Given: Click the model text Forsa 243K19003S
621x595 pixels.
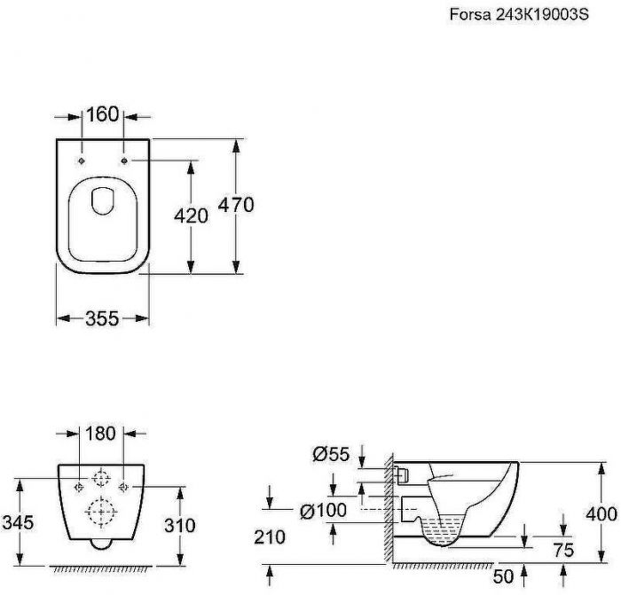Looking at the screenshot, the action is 519,15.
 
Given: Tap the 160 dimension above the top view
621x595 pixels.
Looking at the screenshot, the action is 102,114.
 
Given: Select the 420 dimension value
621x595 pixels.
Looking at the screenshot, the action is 191,216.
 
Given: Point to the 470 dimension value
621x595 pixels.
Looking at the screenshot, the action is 236,205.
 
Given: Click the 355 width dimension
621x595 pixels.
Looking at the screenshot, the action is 102,318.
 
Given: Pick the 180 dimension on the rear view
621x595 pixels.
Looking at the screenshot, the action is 100,434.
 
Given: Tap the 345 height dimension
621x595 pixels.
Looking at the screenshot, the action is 18,523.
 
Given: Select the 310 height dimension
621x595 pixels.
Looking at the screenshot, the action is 180,526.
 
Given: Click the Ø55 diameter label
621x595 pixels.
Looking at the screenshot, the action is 331,454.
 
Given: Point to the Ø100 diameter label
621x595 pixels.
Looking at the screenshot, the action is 323,511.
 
